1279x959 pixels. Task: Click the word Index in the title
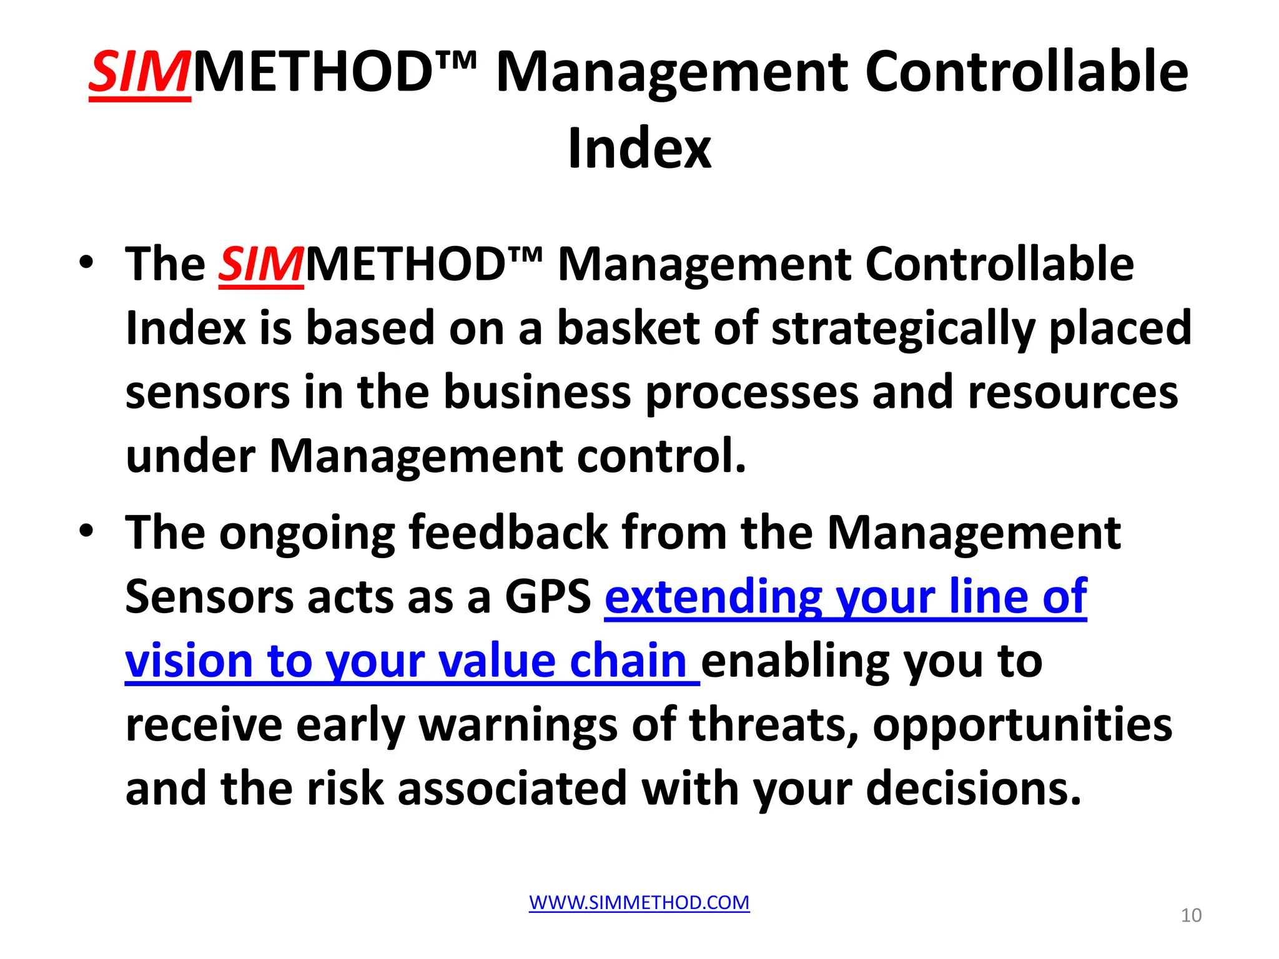639,149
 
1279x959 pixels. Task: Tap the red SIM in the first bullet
261,264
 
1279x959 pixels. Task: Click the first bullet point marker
86,262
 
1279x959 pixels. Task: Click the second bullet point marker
86,531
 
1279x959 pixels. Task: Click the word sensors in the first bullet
207,393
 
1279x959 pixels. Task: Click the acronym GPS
548,597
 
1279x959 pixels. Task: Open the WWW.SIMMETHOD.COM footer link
639,903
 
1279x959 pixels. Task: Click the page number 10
1191,915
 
